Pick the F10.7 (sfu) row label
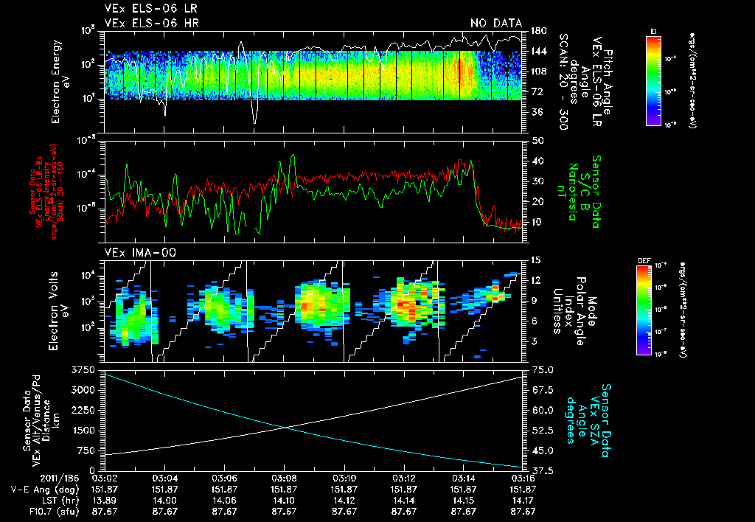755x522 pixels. pyautogui.click(x=29, y=509)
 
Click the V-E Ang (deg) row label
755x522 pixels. pyautogui.click(x=33, y=489)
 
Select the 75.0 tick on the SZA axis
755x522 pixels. pyautogui.click(x=540, y=369)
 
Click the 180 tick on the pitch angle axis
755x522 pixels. pyautogui.click(x=538, y=31)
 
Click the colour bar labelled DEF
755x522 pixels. pyautogui.click(x=648, y=309)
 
